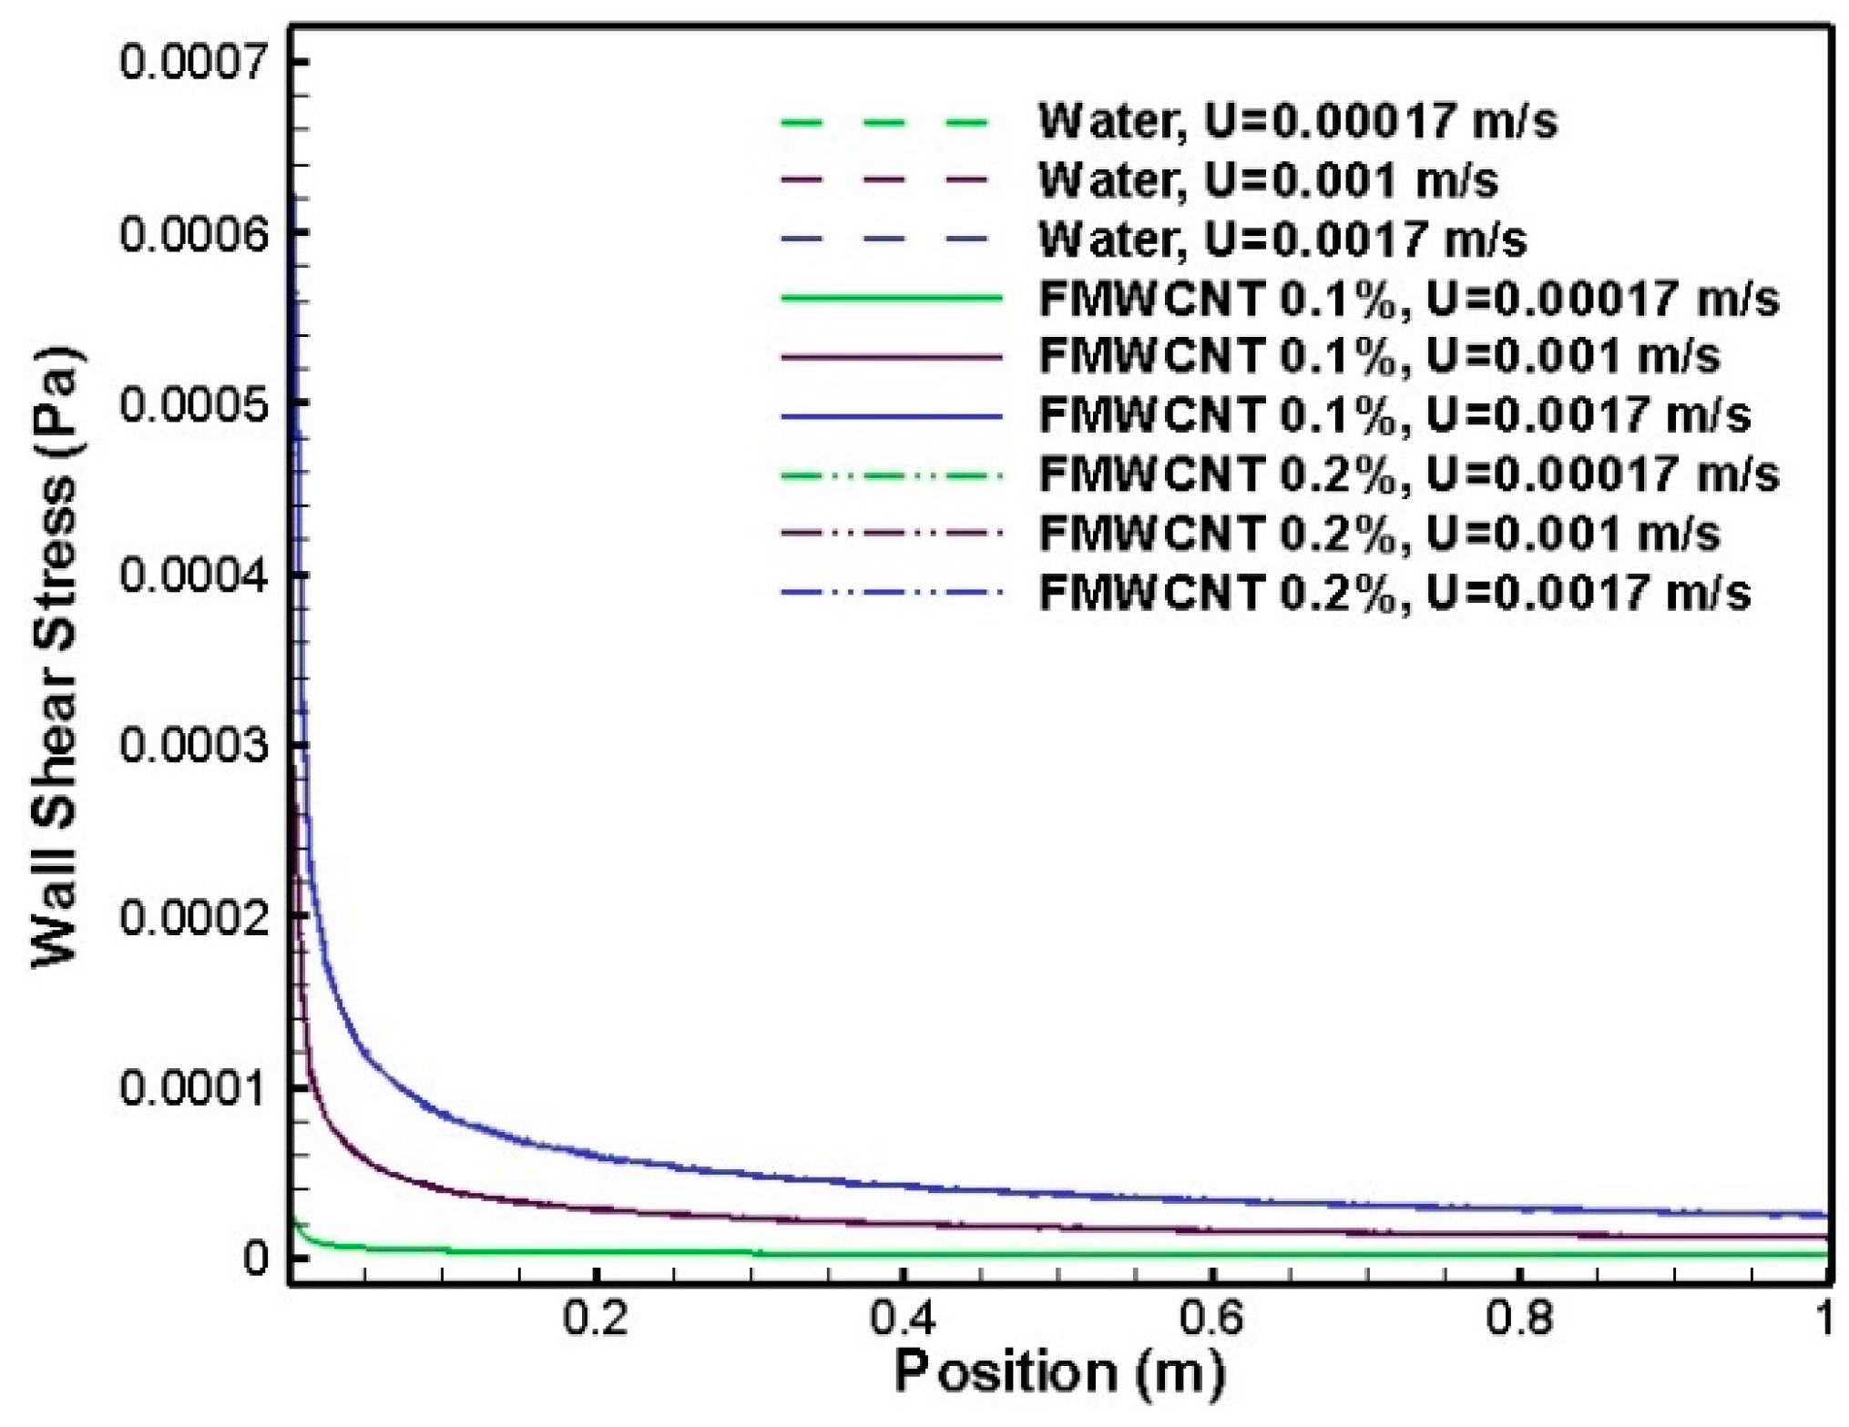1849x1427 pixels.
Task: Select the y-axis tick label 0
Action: (x=256, y=1259)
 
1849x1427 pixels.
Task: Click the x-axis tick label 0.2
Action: (x=595, y=1318)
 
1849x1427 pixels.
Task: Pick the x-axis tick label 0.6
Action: (x=1211, y=1318)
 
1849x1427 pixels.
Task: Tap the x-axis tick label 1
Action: (x=1823, y=1318)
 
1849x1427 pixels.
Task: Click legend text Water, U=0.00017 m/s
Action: (x=1297, y=121)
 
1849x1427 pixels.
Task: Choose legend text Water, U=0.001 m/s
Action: (x=1268, y=180)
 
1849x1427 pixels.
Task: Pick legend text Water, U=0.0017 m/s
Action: (x=1282, y=240)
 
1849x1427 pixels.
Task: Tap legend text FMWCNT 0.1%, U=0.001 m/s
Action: (x=1379, y=356)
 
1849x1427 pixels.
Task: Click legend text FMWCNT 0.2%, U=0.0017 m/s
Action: (x=1394, y=593)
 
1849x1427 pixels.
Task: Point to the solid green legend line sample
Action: (x=891, y=298)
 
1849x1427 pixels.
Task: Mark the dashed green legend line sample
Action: (x=884, y=121)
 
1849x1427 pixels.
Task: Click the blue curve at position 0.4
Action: (x=903, y=1185)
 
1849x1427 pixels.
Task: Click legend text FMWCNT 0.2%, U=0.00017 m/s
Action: (x=1408, y=474)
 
